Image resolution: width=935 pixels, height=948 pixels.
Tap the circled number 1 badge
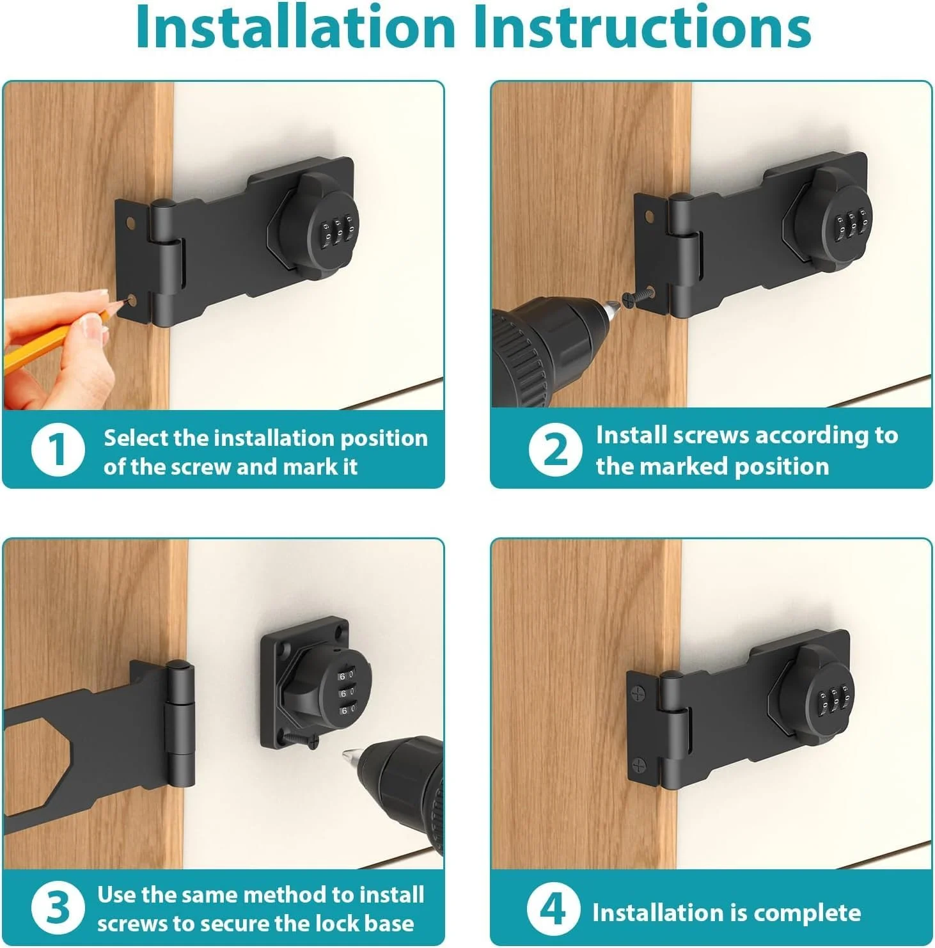click(x=58, y=450)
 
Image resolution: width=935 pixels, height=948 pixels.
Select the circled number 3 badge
click(x=58, y=907)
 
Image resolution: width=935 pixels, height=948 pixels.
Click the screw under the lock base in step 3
click(x=301, y=739)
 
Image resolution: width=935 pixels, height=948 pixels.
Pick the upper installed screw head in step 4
click(x=638, y=693)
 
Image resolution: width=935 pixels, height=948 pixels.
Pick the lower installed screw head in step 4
click(x=641, y=764)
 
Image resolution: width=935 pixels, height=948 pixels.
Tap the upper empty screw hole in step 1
click(x=130, y=224)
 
